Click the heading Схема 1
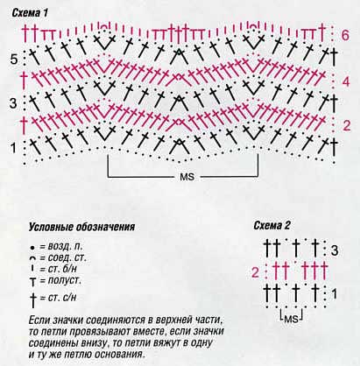tap(30, 13)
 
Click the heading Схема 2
tap(272, 226)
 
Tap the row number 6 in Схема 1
tap(345, 35)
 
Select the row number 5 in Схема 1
tap(14, 60)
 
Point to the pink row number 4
tap(346, 81)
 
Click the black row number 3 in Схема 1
tap(13, 103)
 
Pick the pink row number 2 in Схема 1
tap(346, 125)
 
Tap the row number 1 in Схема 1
tap(13, 148)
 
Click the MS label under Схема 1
tap(187, 177)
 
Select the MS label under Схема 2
tap(291, 319)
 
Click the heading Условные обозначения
tap(81, 228)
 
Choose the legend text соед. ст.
tap(67, 258)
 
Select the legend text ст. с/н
tap(62, 298)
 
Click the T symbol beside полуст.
tap(33, 282)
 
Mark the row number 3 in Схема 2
tap(335, 250)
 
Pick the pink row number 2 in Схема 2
tap(255, 273)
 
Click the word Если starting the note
tap(39, 320)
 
